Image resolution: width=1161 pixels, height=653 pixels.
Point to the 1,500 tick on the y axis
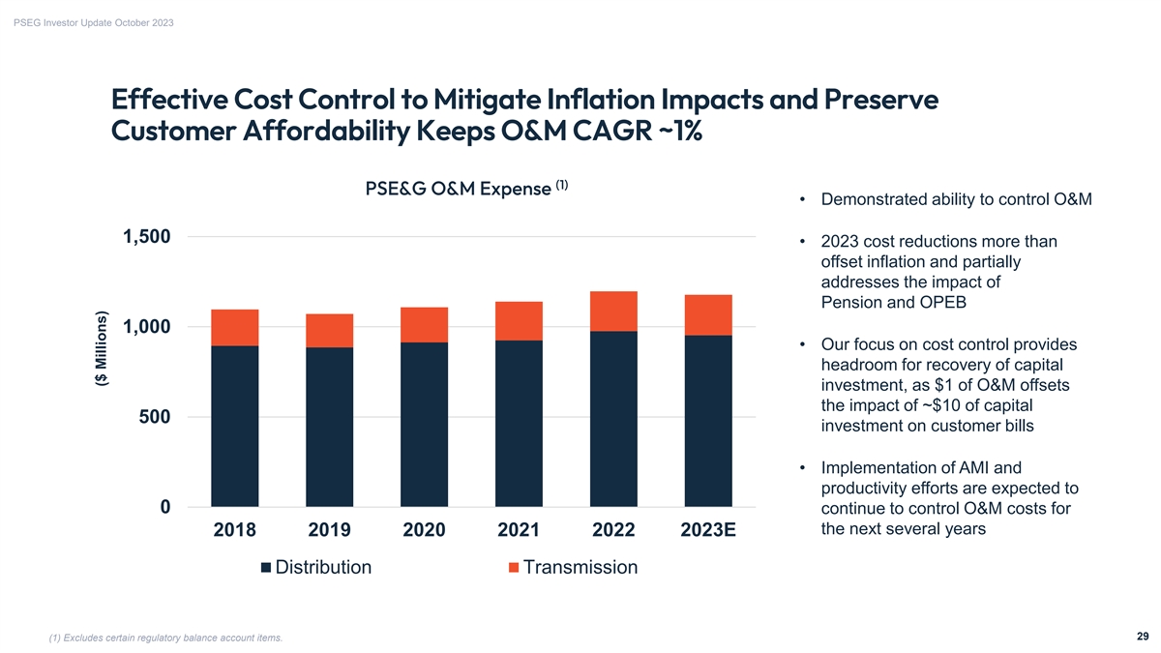tap(147, 237)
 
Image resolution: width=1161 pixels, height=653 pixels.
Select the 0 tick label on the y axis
tap(165, 507)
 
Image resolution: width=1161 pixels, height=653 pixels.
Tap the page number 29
tap(1143, 636)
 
